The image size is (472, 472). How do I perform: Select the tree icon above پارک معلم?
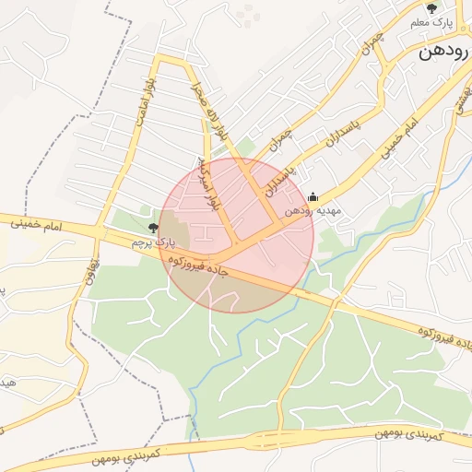click(x=431, y=7)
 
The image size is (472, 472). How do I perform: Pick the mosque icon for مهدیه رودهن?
click(x=313, y=196)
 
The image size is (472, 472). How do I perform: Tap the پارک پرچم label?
click(x=153, y=242)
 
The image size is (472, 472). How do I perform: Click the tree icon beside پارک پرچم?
click(x=153, y=226)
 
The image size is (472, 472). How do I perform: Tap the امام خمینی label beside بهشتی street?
click(x=399, y=136)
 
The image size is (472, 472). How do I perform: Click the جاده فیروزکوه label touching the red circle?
click(x=197, y=265)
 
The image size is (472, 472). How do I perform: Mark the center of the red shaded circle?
click(x=236, y=235)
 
